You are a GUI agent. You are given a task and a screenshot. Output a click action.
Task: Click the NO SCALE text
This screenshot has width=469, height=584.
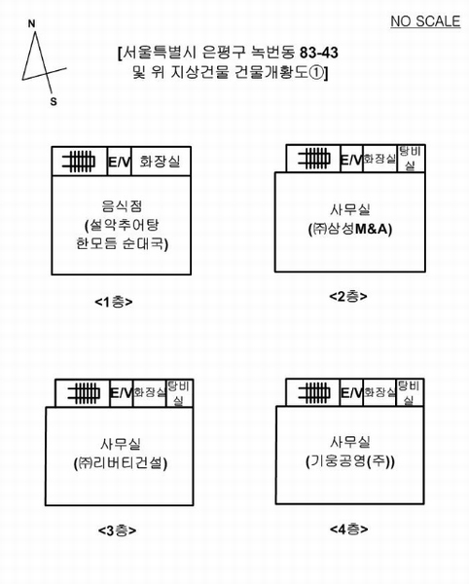point(425,21)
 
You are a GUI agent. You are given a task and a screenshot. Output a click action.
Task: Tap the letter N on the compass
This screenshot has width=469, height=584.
point(32,24)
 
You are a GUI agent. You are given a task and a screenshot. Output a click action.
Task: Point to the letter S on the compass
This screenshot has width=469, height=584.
point(54,101)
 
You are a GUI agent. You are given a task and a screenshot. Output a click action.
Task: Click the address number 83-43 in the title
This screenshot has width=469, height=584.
point(319,53)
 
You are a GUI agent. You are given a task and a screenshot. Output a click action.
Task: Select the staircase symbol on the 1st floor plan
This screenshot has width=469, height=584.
point(79,162)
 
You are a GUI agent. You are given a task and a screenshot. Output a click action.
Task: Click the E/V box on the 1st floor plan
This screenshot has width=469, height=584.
point(120,162)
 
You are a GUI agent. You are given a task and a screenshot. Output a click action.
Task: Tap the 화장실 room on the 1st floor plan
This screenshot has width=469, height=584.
point(161,162)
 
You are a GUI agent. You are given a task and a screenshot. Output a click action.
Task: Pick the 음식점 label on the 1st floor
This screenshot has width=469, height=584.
point(122,205)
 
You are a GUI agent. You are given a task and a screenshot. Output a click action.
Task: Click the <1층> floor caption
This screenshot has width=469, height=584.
point(114,302)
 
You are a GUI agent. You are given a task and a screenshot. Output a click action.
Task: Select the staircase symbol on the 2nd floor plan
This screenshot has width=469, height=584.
point(313,159)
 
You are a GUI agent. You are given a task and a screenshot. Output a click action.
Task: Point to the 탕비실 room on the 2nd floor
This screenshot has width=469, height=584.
point(411,159)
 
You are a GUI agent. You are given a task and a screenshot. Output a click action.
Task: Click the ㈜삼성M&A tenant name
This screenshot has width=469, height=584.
point(350,229)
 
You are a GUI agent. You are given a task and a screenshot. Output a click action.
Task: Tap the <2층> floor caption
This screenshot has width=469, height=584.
point(348,297)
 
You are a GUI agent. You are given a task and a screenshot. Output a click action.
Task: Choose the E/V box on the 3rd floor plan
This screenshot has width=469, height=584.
point(122,393)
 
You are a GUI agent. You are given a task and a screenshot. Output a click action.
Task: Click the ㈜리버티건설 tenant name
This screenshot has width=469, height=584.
point(121,463)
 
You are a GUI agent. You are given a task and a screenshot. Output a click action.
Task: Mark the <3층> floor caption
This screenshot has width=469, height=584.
point(117,530)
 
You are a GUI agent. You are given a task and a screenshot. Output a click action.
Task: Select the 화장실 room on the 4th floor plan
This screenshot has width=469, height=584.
point(379,392)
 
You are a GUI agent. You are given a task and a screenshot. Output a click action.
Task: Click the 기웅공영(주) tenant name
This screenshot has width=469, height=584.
point(350,461)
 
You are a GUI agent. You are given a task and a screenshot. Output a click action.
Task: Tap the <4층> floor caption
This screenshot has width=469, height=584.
point(348,529)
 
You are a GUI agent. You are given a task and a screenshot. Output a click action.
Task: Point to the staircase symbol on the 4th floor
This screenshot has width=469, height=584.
point(313,392)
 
